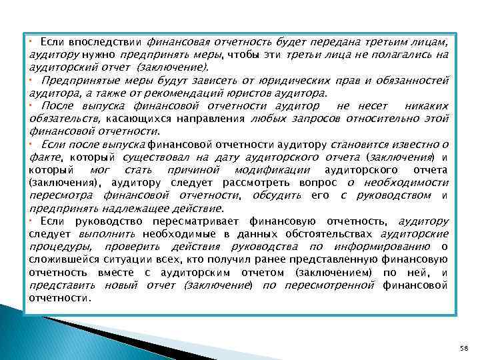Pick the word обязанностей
point(415,81)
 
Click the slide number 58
point(464,348)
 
